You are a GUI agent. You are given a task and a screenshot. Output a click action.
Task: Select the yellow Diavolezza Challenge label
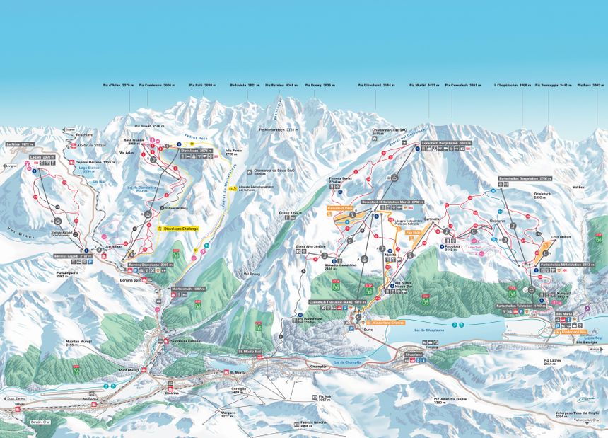(x=180, y=229)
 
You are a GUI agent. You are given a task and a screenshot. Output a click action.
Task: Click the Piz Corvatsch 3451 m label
(x=462, y=85)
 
